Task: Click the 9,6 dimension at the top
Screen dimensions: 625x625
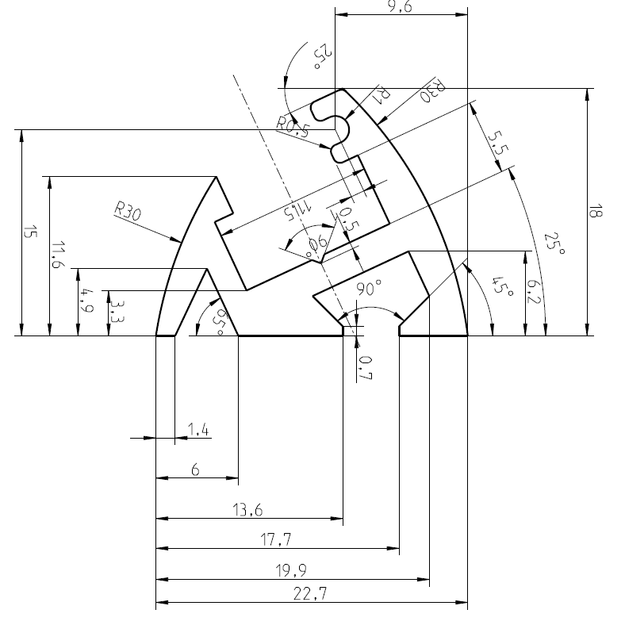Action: pyautogui.click(x=401, y=6)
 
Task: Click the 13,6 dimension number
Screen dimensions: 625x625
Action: pyautogui.click(x=249, y=511)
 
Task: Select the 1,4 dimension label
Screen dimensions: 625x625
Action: pyautogui.click(x=197, y=430)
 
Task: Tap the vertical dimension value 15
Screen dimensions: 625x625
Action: pyautogui.click(x=29, y=232)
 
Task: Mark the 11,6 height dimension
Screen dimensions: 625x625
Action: pyautogui.click(x=55, y=255)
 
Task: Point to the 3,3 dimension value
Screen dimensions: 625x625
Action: pyautogui.click(x=114, y=305)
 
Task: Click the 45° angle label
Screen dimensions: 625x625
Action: pyautogui.click(x=502, y=286)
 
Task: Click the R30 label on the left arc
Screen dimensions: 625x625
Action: pyautogui.click(x=128, y=211)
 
